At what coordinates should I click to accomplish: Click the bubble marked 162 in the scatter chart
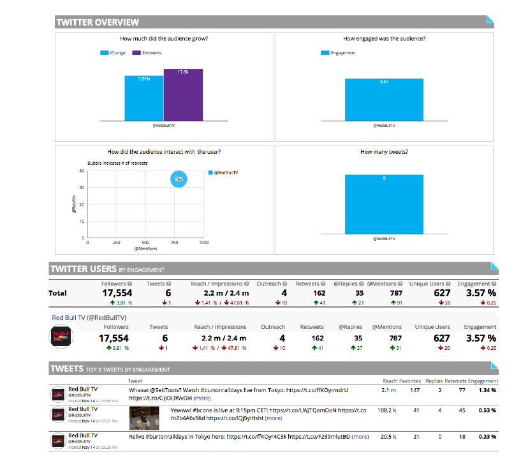(x=179, y=179)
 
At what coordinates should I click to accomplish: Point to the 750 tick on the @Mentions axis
(x=175, y=243)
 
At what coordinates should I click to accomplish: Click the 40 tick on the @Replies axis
(x=81, y=170)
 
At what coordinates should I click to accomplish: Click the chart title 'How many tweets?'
(x=384, y=152)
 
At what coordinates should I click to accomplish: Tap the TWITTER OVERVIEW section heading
(x=98, y=22)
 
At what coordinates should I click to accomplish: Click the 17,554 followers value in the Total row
(x=117, y=292)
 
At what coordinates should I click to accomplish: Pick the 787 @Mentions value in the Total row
(x=395, y=292)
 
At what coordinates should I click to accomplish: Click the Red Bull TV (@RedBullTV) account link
(x=89, y=316)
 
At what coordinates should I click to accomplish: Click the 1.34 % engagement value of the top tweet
(x=487, y=389)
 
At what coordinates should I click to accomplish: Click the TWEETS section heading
(x=67, y=368)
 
